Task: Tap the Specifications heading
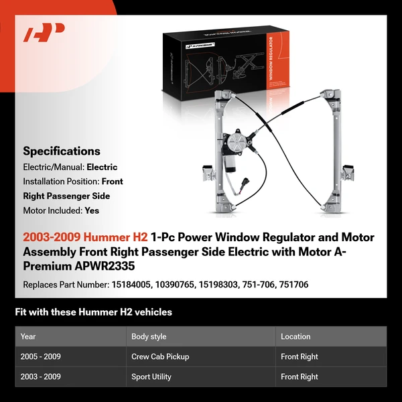pos(62,151)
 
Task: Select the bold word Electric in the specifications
pos(102,167)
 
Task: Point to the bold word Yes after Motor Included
pos(92,210)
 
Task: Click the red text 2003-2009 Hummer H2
pos(85,238)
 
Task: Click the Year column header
pos(28,336)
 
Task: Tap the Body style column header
pos(149,336)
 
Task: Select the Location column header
pos(295,336)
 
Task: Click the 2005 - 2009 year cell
pos(41,356)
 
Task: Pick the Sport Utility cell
pos(151,377)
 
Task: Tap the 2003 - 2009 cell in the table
pos(41,377)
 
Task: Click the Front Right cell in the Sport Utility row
pos(299,377)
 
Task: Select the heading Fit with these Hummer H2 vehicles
pos(93,312)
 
